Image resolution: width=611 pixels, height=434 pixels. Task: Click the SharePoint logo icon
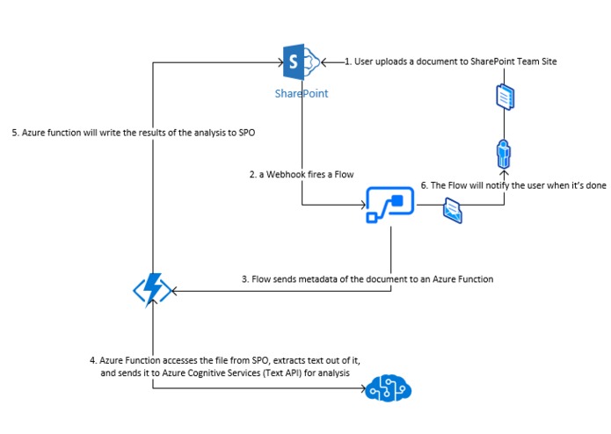coord(301,62)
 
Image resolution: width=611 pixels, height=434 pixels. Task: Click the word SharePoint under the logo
coord(301,92)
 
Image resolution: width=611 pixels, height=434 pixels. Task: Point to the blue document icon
coord(504,96)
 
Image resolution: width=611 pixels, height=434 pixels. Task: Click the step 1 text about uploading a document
coord(450,61)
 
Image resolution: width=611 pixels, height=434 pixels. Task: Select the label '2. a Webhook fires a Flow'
coord(302,174)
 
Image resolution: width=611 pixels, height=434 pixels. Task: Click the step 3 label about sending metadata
coord(367,278)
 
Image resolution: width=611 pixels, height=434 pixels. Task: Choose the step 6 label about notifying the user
coord(513,185)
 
